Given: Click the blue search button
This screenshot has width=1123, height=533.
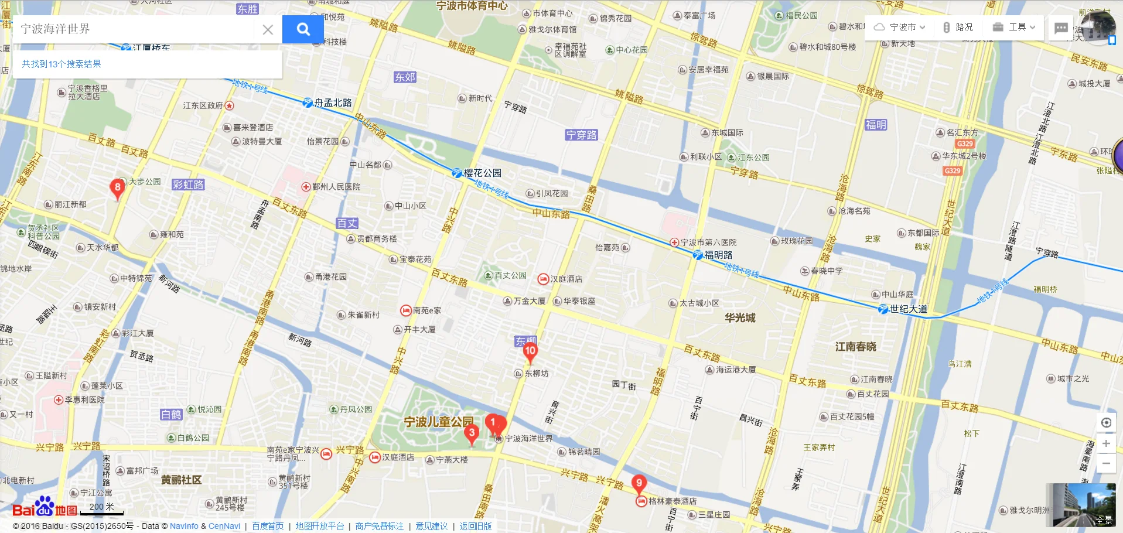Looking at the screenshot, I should click(x=303, y=29).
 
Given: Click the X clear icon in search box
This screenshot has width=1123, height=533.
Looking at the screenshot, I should click(x=268, y=30).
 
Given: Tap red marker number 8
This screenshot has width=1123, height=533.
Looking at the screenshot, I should click(x=117, y=188).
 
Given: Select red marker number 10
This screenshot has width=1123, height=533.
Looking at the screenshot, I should click(x=530, y=351).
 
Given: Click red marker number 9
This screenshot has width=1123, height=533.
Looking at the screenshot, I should click(x=639, y=484).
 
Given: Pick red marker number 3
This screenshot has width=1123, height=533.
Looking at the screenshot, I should click(x=472, y=433).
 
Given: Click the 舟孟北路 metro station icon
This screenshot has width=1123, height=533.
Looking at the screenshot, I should click(x=307, y=103).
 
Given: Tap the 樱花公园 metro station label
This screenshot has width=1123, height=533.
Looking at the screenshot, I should click(x=482, y=173).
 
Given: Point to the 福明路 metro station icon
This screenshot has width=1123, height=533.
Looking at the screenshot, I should click(x=697, y=255).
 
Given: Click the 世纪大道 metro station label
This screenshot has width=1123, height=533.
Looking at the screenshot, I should click(x=908, y=309).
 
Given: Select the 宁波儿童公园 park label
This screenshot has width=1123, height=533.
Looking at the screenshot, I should click(x=438, y=422).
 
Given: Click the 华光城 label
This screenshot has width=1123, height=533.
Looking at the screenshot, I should click(x=740, y=318).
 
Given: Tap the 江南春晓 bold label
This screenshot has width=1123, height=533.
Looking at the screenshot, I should click(x=855, y=347).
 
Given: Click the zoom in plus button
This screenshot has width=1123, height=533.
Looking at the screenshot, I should click(x=1106, y=443).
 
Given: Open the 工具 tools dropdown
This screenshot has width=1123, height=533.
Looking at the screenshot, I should click(x=1014, y=27).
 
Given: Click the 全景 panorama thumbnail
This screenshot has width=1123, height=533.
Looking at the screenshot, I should click(x=1084, y=505).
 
